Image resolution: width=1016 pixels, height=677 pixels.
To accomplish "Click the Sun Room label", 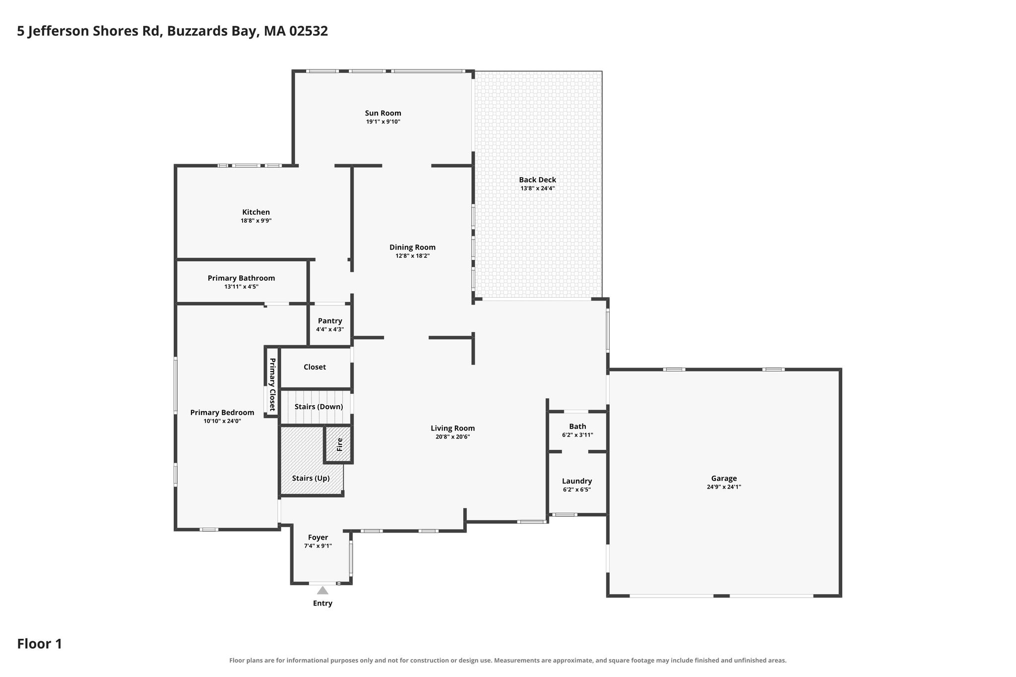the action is tap(383, 113).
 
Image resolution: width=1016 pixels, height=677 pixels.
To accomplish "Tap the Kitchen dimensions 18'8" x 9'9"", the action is tap(256, 221).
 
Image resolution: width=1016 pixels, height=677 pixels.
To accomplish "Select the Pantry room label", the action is tap(330, 321).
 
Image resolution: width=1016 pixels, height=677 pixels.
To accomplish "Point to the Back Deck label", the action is tap(537, 180).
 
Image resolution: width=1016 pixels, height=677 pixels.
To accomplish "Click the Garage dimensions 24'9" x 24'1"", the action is tap(724, 487).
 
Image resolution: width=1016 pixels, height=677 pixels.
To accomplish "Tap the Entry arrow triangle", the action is tap(322, 590).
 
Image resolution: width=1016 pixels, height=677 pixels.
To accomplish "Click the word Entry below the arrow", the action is tap(322, 604).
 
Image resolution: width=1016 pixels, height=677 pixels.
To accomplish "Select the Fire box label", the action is tap(340, 444).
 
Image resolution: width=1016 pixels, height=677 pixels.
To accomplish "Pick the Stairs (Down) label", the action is tap(318, 407).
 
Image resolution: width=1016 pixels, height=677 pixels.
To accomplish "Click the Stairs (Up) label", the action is tap(311, 478).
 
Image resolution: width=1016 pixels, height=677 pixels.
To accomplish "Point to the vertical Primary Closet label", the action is tap(272, 384).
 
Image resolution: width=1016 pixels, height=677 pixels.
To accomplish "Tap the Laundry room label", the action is tap(577, 481).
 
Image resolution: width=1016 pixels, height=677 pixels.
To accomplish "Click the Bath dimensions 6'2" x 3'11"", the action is tap(577, 435).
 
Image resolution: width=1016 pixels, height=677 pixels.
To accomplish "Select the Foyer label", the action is tap(318, 538).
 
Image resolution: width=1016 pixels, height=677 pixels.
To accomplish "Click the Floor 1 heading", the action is tap(40, 644).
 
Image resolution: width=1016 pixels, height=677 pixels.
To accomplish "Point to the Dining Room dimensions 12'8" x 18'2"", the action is tap(412, 256).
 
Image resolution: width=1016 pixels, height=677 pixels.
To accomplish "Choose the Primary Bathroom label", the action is tap(241, 278).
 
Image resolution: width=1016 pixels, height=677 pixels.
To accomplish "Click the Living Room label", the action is tap(452, 429).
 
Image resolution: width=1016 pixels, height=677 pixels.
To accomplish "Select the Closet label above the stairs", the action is tap(315, 367).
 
